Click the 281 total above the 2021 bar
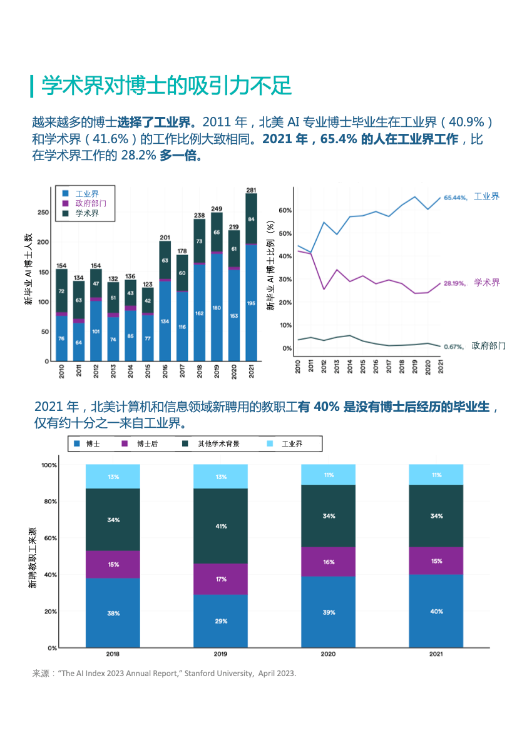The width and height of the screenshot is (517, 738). pyautogui.click(x=251, y=190)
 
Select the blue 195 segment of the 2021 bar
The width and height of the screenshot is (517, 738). pyautogui.click(x=251, y=303)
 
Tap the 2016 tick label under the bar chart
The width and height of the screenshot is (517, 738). pyautogui.click(x=165, y=370)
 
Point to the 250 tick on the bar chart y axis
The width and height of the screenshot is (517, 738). pyautogui.click(x=43, y=213)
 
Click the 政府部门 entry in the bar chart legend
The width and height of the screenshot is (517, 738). pyautogui.click(x=90, y=203)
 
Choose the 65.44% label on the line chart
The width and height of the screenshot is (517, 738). pyautogui.click(x=455, y=198)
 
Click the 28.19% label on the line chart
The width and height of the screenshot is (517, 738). pyautogui.click(x=455, y=283)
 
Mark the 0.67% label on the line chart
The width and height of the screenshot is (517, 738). pyautogui.click(x=453, y=346)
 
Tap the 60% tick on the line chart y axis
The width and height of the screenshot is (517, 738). pyautogui.click(x=285, y=210)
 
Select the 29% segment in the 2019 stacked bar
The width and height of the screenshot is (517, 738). pyautogui.click(x=220, y=621)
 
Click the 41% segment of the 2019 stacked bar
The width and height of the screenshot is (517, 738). pyautogui.click(x=220, y=526)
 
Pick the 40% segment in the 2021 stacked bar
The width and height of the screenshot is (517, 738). pyautogui.click(x=436, y=611)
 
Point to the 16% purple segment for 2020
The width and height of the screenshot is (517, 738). pyautogui.click(x=329, y=562)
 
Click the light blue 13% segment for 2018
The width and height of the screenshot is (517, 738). pyautogui.click(x=113, y=477)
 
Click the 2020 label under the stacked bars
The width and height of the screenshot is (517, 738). pyautogui.click(x=329, y=654)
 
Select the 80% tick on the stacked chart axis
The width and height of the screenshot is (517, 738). pyautogui.click(x=49, y=502)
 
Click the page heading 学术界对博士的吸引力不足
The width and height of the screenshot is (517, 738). pyautogui.click(x=166, y=86)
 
